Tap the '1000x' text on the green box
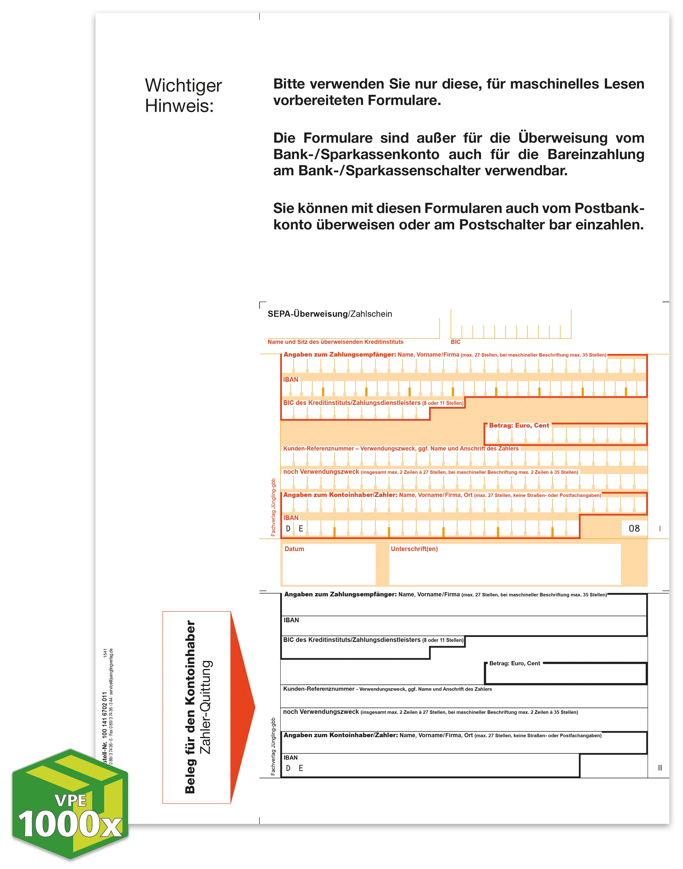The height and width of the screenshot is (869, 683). click(x=70, y=824)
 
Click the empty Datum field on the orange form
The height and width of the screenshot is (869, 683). click(x=329, y=568)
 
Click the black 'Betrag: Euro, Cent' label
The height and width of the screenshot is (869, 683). click(x=514, y=663)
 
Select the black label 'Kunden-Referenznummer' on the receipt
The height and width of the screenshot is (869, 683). click(x=319, y=689)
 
